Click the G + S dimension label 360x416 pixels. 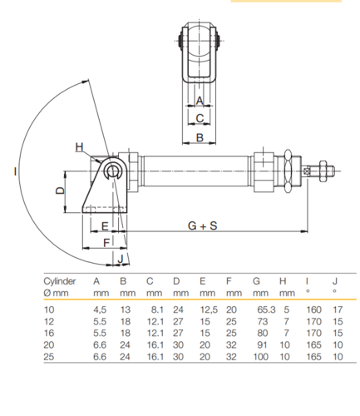pyautogui.click(x=202, y=225)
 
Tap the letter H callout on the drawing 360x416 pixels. pyautogui.click(x=80, y=147)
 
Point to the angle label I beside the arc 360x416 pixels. pyautogui.click(x=15, y=171)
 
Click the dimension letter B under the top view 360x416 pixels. pyautogui.click(x=200, y=138)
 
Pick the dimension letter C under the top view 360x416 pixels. pyautogui.click(x=200, y=118)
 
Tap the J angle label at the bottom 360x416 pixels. pyautogui.click(x=120, y=259)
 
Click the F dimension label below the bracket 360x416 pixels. pyautogui.click(x=106, y=243)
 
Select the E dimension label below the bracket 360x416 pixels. pyautogui.click(x=105, y=226)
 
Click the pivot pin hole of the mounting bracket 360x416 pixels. pyautogui.click(x=112, y=171)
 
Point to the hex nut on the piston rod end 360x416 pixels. pyautogui.click(x=323, y=171)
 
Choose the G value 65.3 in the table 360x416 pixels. pyautogui.click(x=266, y=310)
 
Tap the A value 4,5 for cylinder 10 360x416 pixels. pyautogui.click(x=100, y=310)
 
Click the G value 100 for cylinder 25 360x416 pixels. pyautogui.click(x=260, y=357)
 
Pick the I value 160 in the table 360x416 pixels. pyautogui.click(x=313, y=310)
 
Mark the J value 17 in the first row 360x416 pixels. pyautogui.click(x=338, y=310)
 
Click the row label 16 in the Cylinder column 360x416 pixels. pyautogui.click(x=49, y=333)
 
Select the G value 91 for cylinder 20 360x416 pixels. pyautogui.click(x=262, y=345)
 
